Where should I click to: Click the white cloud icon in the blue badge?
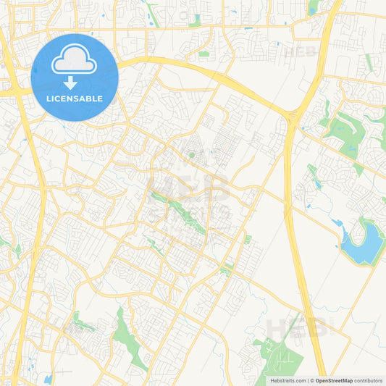[x=75, y=59]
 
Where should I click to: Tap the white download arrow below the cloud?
[x=75, y=82]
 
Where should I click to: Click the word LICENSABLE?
[x=75, y=98]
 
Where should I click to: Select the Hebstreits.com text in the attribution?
[x=288, y=380]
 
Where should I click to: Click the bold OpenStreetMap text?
[x=333, y=380]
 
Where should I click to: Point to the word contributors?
[x=368, y=380]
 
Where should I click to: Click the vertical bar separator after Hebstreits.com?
[x=306, y=380]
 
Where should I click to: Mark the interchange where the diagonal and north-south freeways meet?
[x=293, y=116]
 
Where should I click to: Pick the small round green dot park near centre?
[x=191, y=154]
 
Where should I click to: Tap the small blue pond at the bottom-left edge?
[x=48, y=379]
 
